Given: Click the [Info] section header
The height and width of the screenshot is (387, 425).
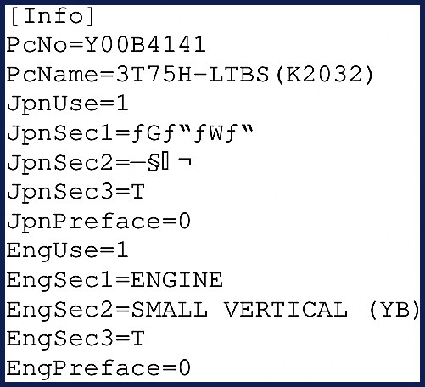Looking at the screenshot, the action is pos(53,17).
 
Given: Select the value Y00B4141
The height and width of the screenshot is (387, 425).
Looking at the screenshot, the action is pos(145,45).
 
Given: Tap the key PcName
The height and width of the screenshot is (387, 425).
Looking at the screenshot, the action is pos(52,75).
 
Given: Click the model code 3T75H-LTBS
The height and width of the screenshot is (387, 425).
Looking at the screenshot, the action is pos(193,75).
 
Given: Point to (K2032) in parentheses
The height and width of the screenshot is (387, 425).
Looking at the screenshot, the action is pos(325,75).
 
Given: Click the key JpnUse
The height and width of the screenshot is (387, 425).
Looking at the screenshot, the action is pos(52,104).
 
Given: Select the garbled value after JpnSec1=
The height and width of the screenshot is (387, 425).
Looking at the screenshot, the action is pos(192,133).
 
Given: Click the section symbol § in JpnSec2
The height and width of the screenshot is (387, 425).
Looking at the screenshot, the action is pos(154,163).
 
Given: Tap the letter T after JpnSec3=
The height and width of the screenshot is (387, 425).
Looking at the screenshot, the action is pos(138,191).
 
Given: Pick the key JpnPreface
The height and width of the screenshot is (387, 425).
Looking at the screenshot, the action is pos(82,222).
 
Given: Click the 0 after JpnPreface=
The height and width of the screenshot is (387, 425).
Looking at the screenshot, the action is pos(184,222).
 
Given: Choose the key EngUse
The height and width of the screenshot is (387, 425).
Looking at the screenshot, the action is pos(52,251).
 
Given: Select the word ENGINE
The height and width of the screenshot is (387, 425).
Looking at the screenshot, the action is pos(176,280).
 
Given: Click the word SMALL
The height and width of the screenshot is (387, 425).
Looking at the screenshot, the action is pos(169,309).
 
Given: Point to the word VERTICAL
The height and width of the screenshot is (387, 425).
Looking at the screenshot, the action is pos(286,309).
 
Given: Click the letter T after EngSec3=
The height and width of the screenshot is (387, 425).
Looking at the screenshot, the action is pos(138,339).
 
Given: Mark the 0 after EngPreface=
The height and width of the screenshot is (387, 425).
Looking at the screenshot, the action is pos(184,368).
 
